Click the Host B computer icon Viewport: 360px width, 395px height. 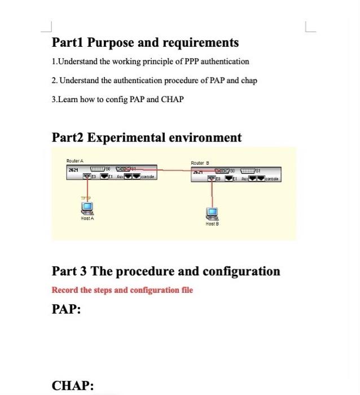pos(212,213)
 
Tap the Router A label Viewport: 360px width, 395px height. pos(74,161)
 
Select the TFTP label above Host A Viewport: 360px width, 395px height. pos(85,199)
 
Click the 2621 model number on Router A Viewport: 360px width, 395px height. pos(73,169)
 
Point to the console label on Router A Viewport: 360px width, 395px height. pos(147,177)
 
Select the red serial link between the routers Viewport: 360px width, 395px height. pos(169,169)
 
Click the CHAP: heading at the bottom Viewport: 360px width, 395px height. pos(72,385)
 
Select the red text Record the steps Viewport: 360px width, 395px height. pos(90,290)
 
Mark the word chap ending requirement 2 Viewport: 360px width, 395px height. pos(248,80)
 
